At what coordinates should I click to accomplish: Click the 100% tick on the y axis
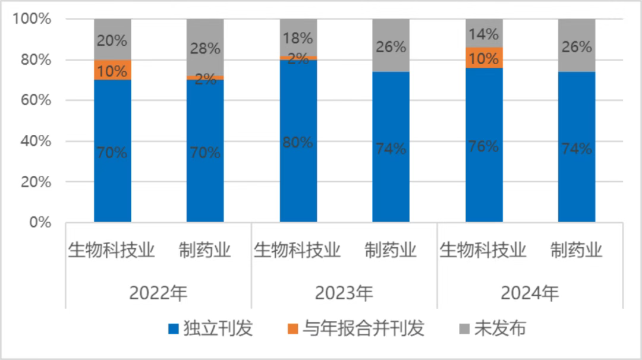pos(32,19)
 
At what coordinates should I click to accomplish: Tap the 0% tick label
pos(39,222)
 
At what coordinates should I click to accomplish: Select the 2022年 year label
pos(158,293)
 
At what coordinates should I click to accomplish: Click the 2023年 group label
pos(344,293)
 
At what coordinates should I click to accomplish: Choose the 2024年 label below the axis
pos(529,293)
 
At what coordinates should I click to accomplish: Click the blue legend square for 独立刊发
pos(174,329)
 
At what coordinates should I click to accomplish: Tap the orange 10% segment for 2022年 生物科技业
pos(112,70)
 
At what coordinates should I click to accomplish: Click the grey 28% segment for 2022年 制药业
pos(205,47)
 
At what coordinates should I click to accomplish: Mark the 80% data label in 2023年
pos(298,143)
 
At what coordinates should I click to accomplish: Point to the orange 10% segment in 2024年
pos(484,58)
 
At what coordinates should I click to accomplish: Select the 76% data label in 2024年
pos(484,146)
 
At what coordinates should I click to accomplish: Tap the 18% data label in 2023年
pos(298,38)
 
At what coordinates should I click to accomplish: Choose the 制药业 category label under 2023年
pos(391,250)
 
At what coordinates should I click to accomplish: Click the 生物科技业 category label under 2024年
pos(483,250)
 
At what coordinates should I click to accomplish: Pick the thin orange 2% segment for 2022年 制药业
pos(205,77)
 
